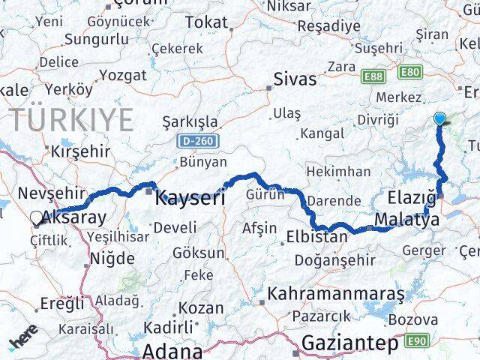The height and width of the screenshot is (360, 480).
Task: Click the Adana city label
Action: coord(172,350)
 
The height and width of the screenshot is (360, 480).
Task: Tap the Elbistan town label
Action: coord(316,237)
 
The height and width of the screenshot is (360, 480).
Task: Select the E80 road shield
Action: coord(409,73)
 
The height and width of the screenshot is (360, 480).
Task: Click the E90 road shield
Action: coord(419,342)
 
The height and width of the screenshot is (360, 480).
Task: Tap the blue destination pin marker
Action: coord(439,118)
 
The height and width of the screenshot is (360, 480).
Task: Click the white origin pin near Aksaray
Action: coord(37,218)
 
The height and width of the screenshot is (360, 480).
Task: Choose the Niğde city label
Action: coord(112,259)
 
